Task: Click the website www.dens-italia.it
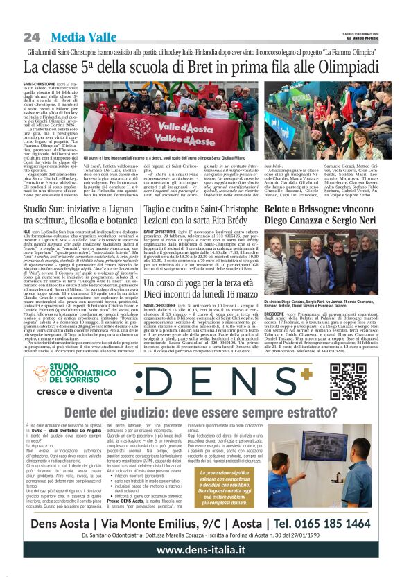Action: coord(201,568)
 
